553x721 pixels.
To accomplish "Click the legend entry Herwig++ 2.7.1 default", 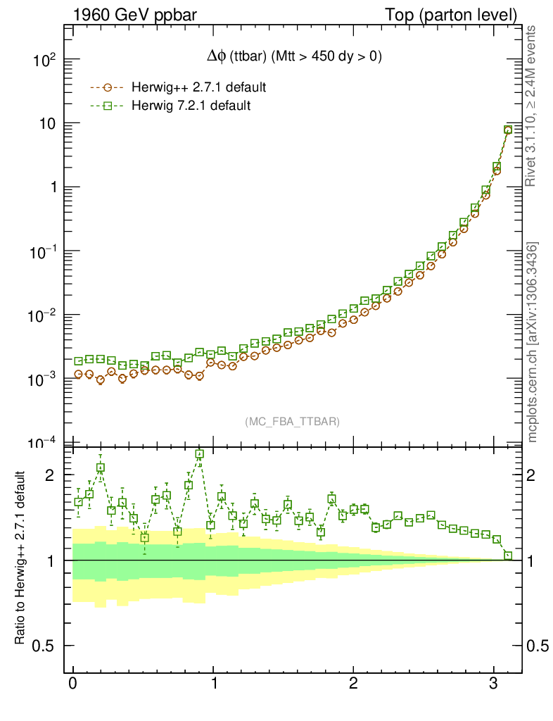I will [198, 87].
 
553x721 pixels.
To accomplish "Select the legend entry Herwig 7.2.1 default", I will [191, 106].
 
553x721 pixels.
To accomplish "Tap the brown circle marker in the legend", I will [108, 88].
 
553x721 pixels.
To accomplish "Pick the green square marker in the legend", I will [108, 106].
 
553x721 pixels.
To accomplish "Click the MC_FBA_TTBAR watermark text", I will [293, 421].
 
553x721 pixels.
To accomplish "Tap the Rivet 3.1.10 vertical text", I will [532, 106].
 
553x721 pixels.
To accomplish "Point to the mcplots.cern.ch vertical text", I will [533, 341].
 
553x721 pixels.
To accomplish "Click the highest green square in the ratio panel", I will [200, 455].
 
